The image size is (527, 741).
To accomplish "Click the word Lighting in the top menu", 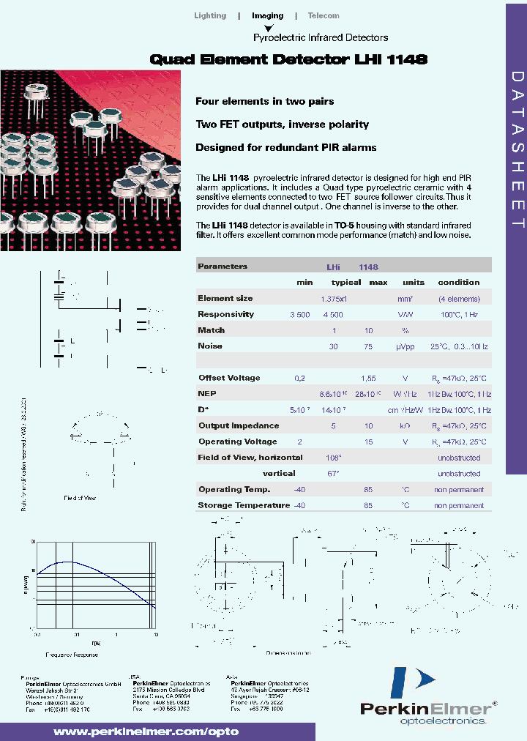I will [210, 15].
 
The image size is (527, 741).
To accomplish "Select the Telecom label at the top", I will [324, 15].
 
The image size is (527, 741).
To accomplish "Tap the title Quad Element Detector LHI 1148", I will [288, 60].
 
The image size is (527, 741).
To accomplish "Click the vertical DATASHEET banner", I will [515, 151].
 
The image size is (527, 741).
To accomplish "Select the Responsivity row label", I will [225, 314].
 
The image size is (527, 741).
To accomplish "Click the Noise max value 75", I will [369, 346].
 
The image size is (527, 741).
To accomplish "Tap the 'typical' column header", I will [346, 282].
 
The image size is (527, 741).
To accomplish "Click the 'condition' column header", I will [459, 282].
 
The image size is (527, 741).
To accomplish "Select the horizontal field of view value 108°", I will [333, 458].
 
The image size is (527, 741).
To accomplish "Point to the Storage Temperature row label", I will [244, 505].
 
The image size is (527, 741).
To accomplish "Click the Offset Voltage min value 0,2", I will [299, 378].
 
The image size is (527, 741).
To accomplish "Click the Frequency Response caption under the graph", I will [72, 654].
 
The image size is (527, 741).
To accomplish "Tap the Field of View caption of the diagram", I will [80, 498].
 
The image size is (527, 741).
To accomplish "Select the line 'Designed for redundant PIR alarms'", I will [286, 147].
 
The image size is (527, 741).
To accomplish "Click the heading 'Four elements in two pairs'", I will [265, 101].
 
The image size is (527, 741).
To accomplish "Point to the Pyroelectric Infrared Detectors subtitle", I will [321, 37].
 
